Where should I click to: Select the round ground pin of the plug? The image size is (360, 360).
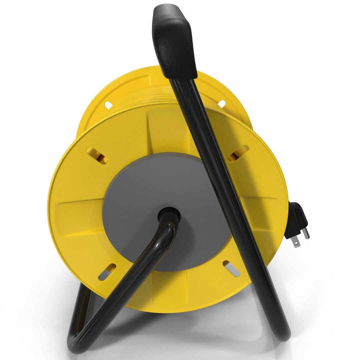pos(306,233)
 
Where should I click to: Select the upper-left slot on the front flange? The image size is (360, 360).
pos(97,156)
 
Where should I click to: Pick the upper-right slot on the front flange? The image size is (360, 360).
pos(238,154)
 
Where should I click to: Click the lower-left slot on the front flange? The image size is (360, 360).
pos(107,272)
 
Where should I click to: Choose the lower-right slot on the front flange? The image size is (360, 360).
pos(231,268)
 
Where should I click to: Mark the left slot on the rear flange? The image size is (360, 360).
pos(108,105)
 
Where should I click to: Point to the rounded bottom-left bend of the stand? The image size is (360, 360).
pos(75,343)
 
